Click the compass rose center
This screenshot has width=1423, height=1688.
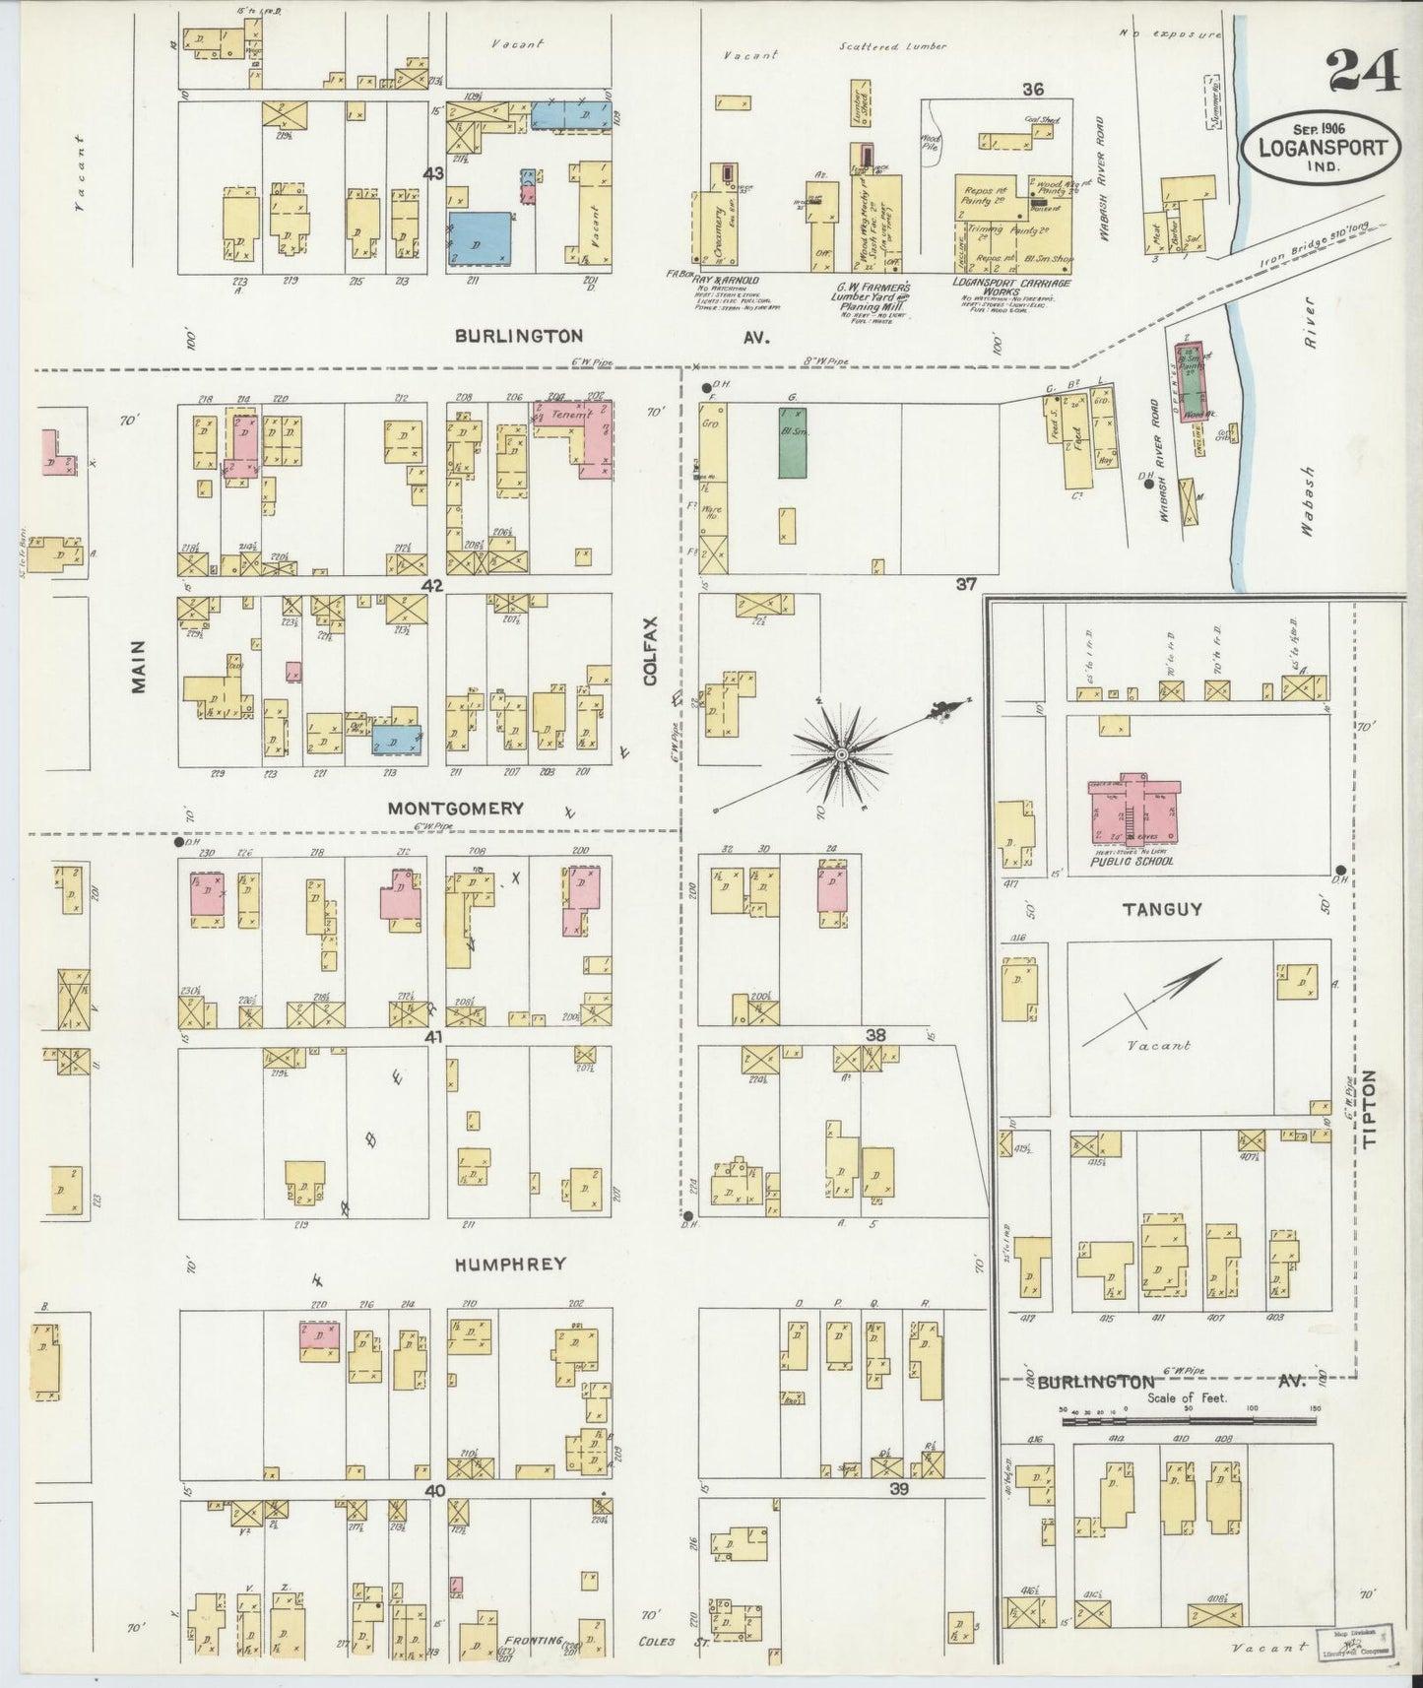[841, 754]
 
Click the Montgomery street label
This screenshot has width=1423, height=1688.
[455, 809]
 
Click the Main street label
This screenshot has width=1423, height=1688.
[138, 666]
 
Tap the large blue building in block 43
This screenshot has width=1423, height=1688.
[481, 237]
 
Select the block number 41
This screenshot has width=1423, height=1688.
[433, 1038]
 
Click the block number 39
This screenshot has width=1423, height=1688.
[897, 1489]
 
